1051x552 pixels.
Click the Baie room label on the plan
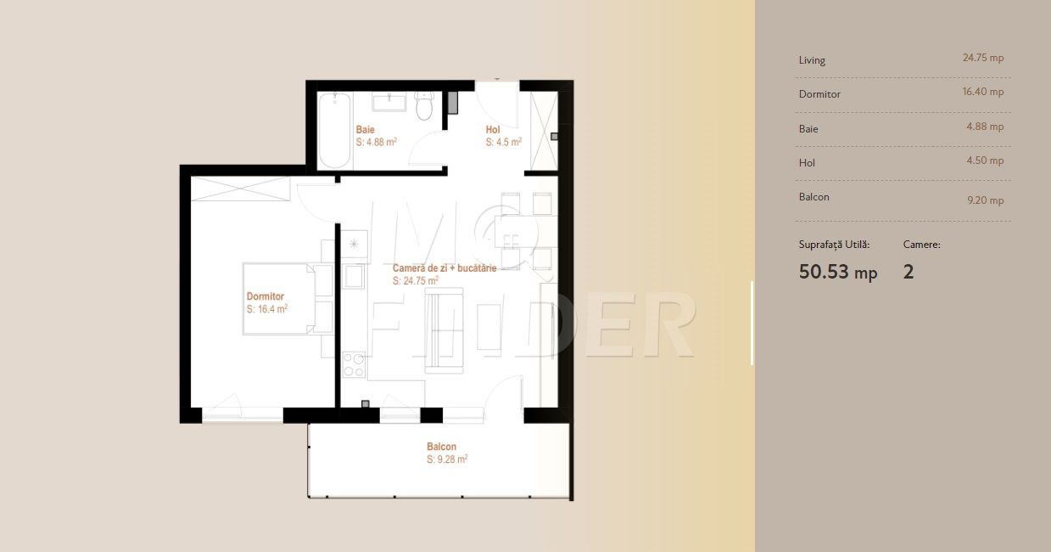tap(365, 130)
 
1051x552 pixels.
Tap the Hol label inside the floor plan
tap(493, 130)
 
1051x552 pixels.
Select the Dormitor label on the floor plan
tap(266, 296)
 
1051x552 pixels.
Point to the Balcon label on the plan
tap(441, 447)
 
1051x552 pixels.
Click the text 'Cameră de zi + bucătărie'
tap(444, 268)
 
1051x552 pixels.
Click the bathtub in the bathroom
tap(334, 130)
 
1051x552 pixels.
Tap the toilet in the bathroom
tap(425, 105)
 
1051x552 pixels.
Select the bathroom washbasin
tap(389, 101)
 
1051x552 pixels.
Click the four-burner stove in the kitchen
tap(355, 364)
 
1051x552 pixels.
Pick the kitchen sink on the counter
tap(354, 276)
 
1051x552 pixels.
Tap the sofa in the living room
tap(444, 330)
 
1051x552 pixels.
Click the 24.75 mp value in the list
tap(983, 58)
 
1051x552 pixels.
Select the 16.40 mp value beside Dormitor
tap(983, 92)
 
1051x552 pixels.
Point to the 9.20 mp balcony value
tap(986, 200)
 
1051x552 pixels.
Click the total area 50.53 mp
tap(838, 272)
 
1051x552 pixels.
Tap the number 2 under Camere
tap(908, 272)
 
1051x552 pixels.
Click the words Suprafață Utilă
tap(834, 245)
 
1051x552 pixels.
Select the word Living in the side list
tap(812, 60)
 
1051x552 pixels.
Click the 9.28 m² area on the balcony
tap(447, 459)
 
